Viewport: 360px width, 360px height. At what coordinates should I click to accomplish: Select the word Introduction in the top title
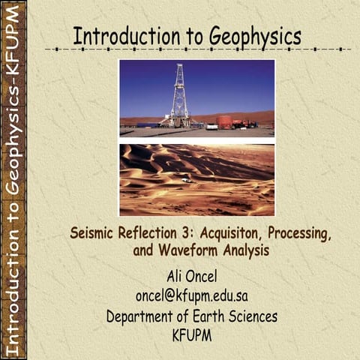121,36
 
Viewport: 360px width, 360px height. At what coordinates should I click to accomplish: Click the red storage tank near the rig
224,121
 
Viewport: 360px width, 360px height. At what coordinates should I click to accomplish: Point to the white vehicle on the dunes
186,180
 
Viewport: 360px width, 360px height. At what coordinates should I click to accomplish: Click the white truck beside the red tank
211,126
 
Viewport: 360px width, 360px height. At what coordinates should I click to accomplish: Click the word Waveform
190,250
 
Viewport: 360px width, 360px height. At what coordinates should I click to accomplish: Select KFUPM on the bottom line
193,334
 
